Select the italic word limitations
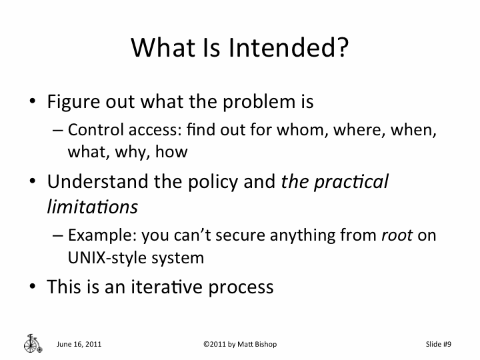[x=92, y=207]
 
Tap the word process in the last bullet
[x=241, y=288]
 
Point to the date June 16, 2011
[x=79, y=344]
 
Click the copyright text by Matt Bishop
[x=239, y=344]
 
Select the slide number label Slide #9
[x=439, y=344]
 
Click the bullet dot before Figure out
[x=32, y=104]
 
